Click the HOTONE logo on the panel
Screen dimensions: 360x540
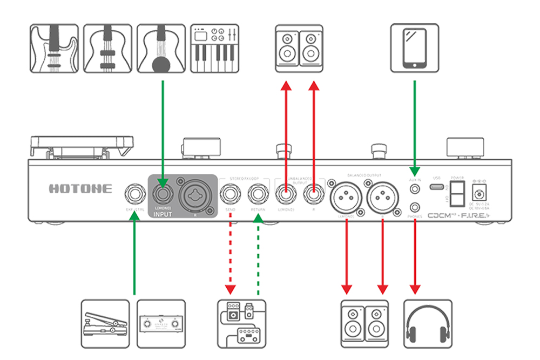coord(80,189)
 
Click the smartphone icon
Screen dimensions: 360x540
coord(415,48)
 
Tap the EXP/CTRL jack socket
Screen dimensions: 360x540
coord(133,193)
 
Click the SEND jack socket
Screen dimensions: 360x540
coord(231,193)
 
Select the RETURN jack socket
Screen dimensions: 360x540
coord(258,193)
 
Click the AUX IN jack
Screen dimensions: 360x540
coord(415,189)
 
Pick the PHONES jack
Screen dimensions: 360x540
coord(415,207)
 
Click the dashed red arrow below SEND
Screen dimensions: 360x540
coord(231,254)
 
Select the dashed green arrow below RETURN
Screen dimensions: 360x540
coord(259,254)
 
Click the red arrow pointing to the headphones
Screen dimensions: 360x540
coord(415,254)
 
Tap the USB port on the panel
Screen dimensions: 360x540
coord(437,188)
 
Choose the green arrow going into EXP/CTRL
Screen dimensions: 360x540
coord(133,254)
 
